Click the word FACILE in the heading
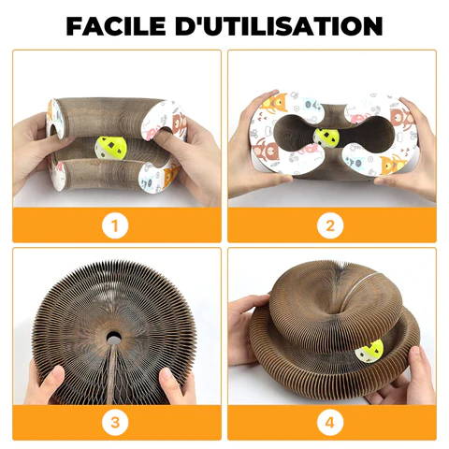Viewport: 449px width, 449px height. [116, 25]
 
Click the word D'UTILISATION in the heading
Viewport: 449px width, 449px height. [279, 25]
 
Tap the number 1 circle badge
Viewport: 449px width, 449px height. [115, 225]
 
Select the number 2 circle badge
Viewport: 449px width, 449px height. [330, 225]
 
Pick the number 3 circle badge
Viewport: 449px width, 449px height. [115, 422]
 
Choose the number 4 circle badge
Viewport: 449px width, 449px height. [330, 422]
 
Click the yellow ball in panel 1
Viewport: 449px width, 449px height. [111, 148]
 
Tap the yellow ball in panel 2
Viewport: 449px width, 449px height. [326, 138]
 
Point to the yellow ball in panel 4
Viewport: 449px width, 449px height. [369, 352]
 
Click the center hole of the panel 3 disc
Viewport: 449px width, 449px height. [114, 337]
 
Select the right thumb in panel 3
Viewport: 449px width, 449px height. [171, 384]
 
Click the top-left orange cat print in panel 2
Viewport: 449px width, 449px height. [275, 103]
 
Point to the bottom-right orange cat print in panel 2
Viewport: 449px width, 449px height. [394, 164]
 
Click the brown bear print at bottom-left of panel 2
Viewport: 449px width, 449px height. [266, 151]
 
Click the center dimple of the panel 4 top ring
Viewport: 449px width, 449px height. [338, 311]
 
